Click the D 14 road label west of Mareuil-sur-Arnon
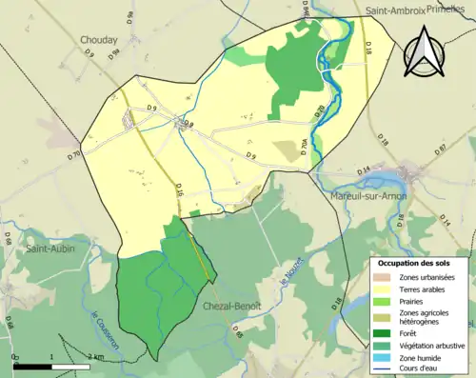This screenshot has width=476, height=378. coord(363,170)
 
